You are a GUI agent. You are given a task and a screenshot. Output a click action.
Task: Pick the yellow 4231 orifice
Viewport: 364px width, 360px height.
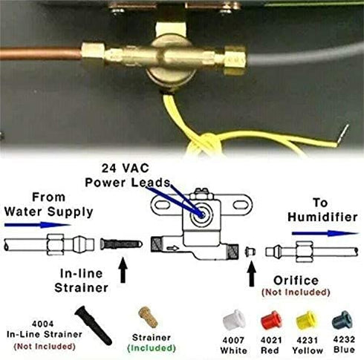[303, 321]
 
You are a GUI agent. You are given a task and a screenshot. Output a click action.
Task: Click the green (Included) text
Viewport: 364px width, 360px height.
[151, 347]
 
